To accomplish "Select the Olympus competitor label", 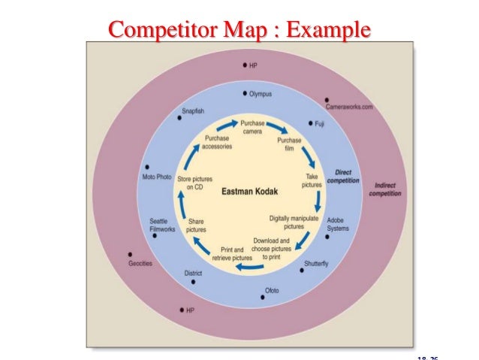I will point(260,95).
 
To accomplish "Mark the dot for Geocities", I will point(131,253).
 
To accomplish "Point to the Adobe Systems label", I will point(337,224).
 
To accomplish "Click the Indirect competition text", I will point(384,189).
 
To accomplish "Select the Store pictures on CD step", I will point(194,183).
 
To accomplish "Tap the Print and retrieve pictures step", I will point(232,253).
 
